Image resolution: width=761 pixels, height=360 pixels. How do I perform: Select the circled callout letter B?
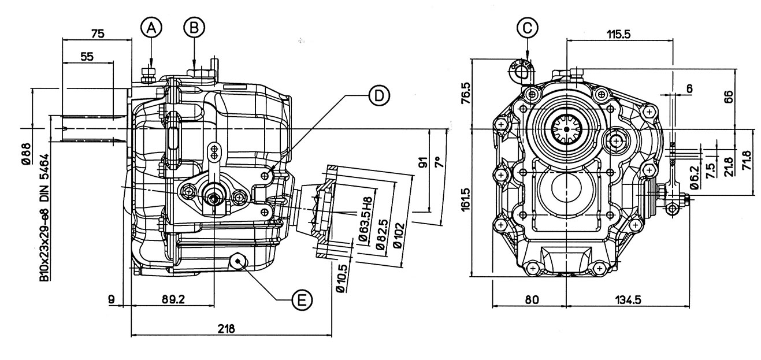click(x=194, y=26)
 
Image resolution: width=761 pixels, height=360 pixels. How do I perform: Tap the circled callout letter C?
click(x=528, y=26)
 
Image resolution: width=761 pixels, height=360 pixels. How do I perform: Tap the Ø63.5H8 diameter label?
click(x=363, y=211)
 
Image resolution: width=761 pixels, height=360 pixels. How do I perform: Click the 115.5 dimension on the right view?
click(x=618, y=34)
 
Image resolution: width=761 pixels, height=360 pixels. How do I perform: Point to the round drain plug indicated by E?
click(x=239, y=262)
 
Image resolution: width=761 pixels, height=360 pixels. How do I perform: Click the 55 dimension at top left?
click(x=87, y=56)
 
